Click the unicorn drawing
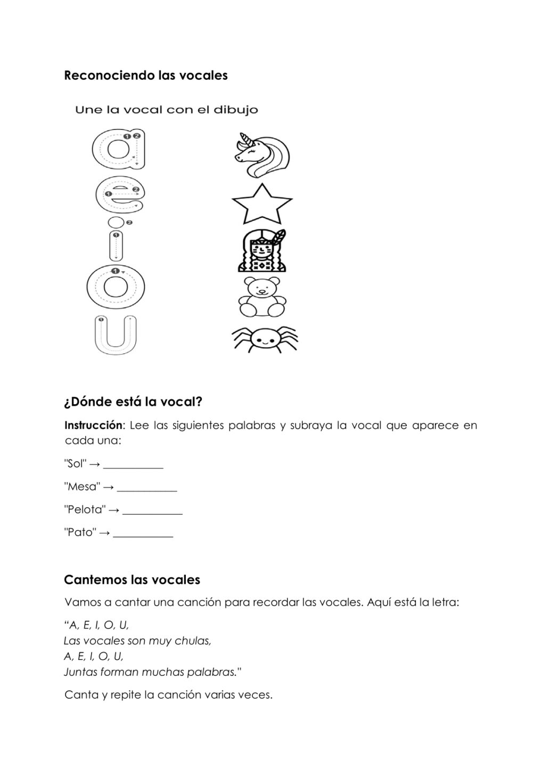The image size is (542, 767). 262,155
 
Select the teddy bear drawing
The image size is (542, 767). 261,297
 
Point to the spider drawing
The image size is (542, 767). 265,339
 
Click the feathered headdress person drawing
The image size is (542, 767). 262,251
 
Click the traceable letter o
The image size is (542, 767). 114,288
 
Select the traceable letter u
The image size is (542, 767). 115,335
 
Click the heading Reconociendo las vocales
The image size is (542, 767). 145,76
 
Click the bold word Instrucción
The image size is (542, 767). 93,425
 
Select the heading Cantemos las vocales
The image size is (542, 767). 132,580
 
